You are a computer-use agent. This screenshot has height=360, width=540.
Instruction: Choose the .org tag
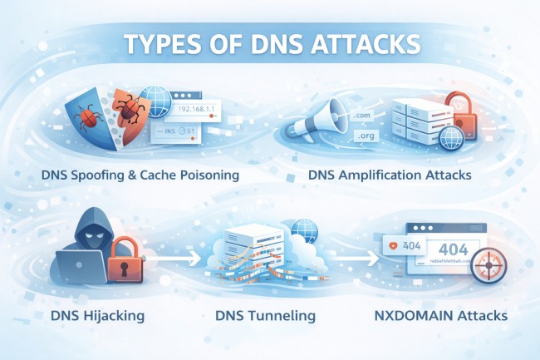(366, 135)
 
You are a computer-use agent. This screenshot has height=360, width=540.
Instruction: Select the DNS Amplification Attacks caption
(389, 175)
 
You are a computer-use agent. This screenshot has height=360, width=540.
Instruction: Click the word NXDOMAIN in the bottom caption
(413, 317)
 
